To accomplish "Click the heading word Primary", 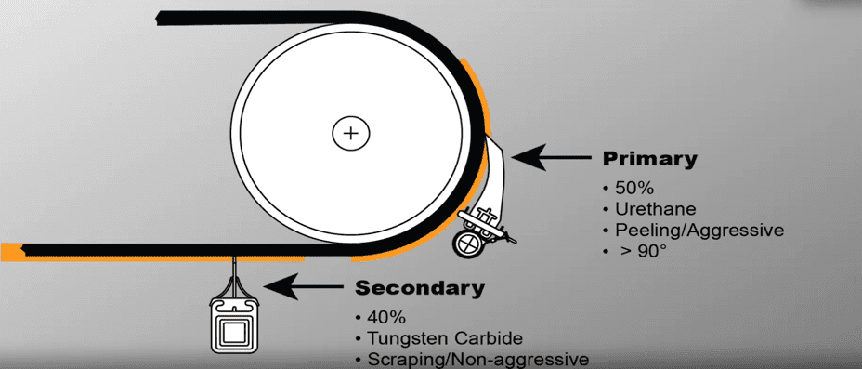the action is [650, 160].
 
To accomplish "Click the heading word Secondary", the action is [420, 287].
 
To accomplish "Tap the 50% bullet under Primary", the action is [628, 189].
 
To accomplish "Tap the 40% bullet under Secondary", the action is [381, 317].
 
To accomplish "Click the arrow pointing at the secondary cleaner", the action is [304, 286].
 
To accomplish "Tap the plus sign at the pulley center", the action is [351, 134].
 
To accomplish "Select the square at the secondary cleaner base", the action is [235, 333].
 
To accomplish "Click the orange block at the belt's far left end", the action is [11, 251].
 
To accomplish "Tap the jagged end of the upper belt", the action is [160, 19].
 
